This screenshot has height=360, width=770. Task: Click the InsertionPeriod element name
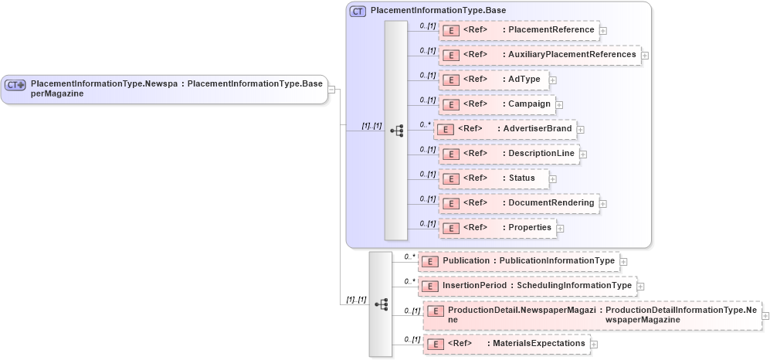coord(474,286)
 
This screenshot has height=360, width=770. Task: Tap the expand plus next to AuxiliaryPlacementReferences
coord(645,56)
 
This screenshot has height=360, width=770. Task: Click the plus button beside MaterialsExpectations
coord(593,345)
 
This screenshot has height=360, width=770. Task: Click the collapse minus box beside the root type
coord(331,89)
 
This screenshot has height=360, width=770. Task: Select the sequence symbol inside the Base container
coord(397,131)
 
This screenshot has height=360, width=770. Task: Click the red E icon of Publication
coord(431,262)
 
